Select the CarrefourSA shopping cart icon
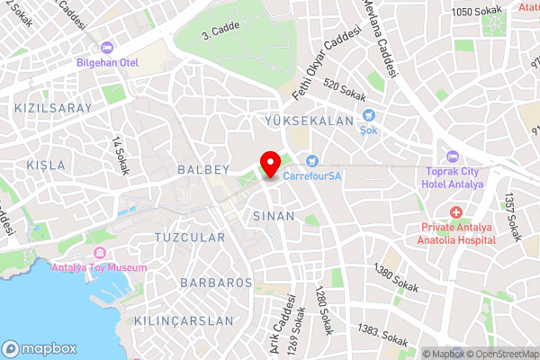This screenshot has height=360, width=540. coord(311,160)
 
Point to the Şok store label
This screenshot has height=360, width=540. coord(369,129)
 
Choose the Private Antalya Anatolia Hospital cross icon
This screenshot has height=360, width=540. coord(456,212)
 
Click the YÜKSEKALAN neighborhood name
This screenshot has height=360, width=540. coord(310,121)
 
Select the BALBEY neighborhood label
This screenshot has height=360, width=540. coord(204,169)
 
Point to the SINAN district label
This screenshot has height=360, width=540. coord(274,216)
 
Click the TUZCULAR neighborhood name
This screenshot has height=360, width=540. coord(189,238)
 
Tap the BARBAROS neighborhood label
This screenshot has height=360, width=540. coord(216,283)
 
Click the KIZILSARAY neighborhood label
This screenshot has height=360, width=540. coord(53,108)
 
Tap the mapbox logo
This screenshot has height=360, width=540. coord(38,348)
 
